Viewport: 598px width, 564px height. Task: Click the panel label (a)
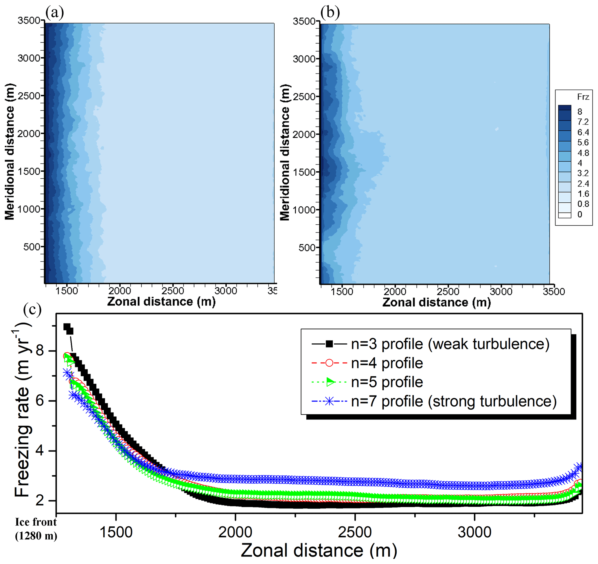point(54,13)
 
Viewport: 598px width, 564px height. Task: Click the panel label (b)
point(330,13)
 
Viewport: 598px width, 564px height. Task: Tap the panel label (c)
point(32,310)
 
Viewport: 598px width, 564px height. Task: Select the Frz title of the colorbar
point(583,97)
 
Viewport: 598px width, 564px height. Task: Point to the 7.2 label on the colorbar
point(583,122)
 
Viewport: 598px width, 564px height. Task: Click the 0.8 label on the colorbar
point(583,204)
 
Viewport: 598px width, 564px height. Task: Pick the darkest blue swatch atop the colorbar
point(564,108)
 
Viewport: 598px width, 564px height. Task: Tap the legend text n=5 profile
point(387,382)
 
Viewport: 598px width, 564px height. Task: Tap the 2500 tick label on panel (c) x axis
point(355,532)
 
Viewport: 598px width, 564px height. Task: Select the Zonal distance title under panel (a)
point(161,302)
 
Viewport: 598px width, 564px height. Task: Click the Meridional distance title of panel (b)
point(285,152)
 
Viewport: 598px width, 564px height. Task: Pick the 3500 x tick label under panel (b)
point(553,291)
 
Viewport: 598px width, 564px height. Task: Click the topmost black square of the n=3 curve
point(67,327)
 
